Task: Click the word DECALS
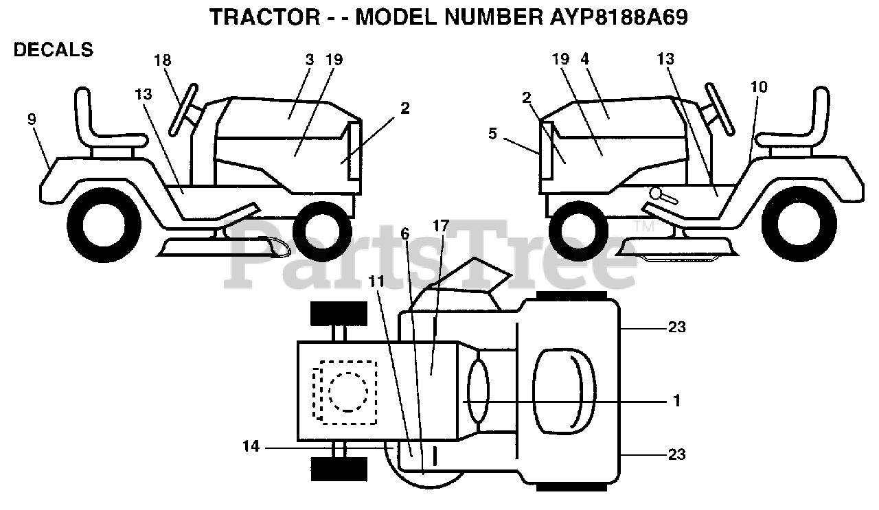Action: pyautogui.click(x=54, y=50)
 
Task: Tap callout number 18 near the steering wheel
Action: pyautogui.click(x=163, y=60)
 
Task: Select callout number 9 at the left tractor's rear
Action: pyautogui.click(x=32, y=119)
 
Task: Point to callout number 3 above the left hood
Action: pyautogui.click(x=310, y=60)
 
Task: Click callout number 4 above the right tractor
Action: pyautogui.click(x=584, y=59)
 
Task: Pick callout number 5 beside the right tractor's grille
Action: pyautogui.click(x=493, y=134)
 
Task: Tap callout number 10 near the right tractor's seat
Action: pyautogui.click(x=759, y=87)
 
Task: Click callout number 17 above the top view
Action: pyautogui.click(x=441, y=226)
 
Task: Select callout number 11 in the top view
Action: pyautogui.click(x=376, y=281)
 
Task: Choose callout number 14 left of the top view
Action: pyautogui.click(x=251, y=446)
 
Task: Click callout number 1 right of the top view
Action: pyautogui.click(x=676, y=401)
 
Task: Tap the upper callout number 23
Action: pyautogui.click(x=677, y=327)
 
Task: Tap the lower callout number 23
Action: pyautogui.click(x=677, y=454)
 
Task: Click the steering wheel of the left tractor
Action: pyautogui.click(x=183, y=110)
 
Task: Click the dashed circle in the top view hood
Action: pyautogui.click(x=348, y=391)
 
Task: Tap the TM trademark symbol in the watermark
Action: pyautogui.click(x=643, y=227)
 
